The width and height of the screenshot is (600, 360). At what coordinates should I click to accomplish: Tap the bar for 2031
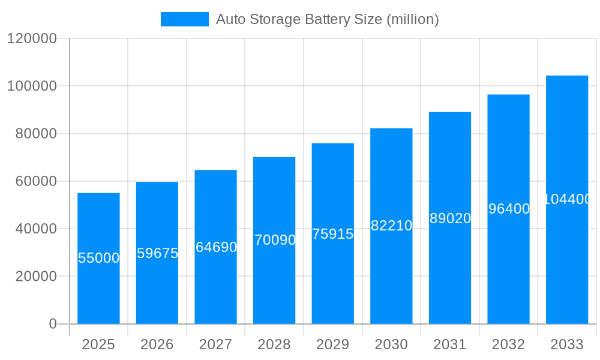[450, 270]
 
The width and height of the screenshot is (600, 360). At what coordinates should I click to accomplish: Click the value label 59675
[157, 253]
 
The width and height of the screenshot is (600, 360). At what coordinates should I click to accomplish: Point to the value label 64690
[216, 247]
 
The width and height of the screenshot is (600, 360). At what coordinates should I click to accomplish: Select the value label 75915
[333, 234]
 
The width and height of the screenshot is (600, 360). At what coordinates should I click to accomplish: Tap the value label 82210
[391, 226]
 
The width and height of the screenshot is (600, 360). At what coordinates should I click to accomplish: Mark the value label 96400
[509, 209]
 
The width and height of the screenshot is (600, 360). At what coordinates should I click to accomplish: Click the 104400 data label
[567, 199]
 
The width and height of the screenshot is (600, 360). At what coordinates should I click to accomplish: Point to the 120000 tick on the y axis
[32, 39]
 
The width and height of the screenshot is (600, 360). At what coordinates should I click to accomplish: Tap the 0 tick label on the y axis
[53, 324]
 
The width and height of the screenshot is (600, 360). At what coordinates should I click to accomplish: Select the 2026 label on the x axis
[157, 344]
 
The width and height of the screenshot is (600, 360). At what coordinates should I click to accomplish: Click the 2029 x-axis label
[333, 344]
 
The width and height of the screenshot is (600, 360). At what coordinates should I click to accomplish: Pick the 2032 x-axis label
[509, 344]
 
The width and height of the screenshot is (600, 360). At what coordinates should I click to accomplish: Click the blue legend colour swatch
[185, 19]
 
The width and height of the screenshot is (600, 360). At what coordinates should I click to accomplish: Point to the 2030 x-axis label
[391, 344]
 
